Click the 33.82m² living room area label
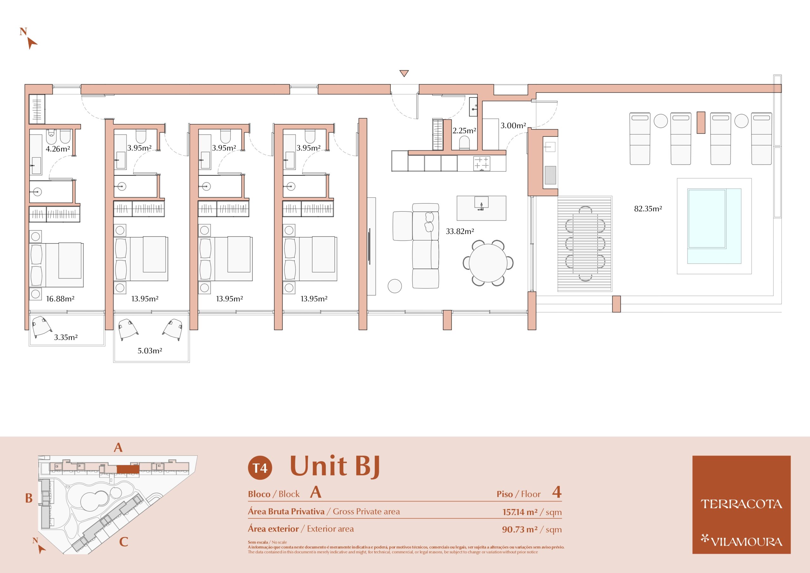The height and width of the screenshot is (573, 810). pos(460,232)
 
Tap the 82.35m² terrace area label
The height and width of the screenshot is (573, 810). pos(648,209)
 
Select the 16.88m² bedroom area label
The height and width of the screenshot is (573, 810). pos(60,299)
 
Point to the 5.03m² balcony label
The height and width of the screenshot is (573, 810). pos(150,351)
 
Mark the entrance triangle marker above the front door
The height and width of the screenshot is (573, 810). pos(404,73)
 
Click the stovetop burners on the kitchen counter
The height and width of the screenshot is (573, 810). pos(482,163)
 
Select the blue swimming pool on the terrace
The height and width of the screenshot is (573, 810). pos(714,226)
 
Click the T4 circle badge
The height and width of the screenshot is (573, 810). pos(260,468)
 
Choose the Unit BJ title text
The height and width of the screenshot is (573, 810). pos(335,466)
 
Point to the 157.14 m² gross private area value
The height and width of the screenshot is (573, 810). pos(520,512)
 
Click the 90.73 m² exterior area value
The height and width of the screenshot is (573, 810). pos(520,529)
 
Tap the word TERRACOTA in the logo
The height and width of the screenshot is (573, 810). pos(741,504)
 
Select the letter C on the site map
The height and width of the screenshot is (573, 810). pos(123,542)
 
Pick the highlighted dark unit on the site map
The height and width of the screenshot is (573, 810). pos(128,469)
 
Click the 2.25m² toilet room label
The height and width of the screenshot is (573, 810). pos(464,131)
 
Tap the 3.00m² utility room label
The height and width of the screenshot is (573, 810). pos(513,125)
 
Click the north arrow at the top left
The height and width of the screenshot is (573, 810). pos(32,43)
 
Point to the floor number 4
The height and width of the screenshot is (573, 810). pos(557,492)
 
